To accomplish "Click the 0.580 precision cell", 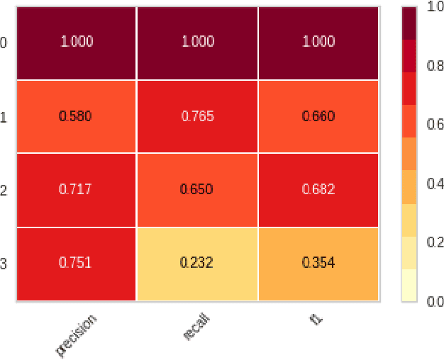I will click(x=76, y=116).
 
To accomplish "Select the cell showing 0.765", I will click(x=197, y=116).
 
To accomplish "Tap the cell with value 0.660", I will click(x=318, y=116).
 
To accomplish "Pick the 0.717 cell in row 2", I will click(x=76, y=190).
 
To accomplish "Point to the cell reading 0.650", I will click(x=197, y=190).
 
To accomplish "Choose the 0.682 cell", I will click(x=318, y=190).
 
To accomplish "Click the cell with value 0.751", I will click(x=76, y=264).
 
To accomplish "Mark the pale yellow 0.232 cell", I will click(x=197, y=264).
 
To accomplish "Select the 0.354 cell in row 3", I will click(x=318, y=264).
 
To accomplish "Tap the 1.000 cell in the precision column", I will click(x=76, y=42).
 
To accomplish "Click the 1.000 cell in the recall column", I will click(x=197, y=42).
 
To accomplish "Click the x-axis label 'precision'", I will click(x=76, y=334).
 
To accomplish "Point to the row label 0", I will click(x=4, y=43).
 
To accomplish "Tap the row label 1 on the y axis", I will click(x=4, y=116).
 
